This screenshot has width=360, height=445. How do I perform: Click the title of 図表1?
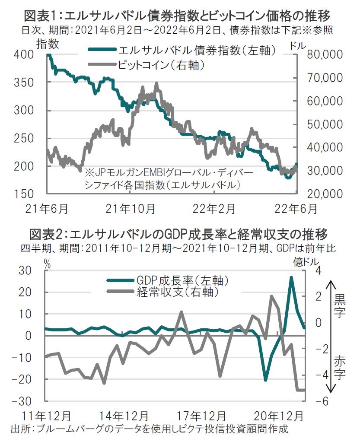point(178,16)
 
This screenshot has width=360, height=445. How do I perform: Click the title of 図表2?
point(178,235)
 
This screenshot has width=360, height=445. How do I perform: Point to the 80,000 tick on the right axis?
point(324,55)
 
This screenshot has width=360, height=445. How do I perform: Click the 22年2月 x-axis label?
point(214,208)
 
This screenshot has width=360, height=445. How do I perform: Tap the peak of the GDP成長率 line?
point(292,277)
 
